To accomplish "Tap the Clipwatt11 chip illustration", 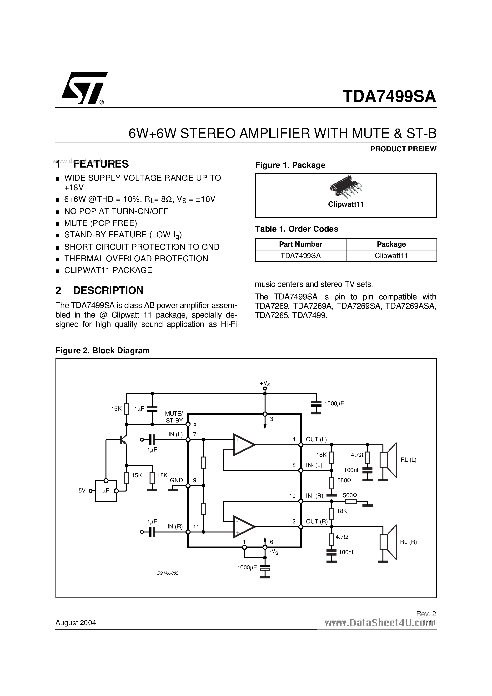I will click(346, 185).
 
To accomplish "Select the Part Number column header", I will click(300, 244).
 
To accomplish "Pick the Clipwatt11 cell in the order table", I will click(391, 256).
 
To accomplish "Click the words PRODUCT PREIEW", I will click(403, 149).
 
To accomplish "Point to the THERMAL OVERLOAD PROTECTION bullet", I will click(136, 259).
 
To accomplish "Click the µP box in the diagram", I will click(106, 491).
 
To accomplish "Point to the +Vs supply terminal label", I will click(265, 383).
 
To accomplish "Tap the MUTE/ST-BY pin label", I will click(174, 417).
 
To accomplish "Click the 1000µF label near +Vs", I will click(334, 403).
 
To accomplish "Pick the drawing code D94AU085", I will click(168, 573).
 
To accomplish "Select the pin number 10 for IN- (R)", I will click(292, 496).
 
